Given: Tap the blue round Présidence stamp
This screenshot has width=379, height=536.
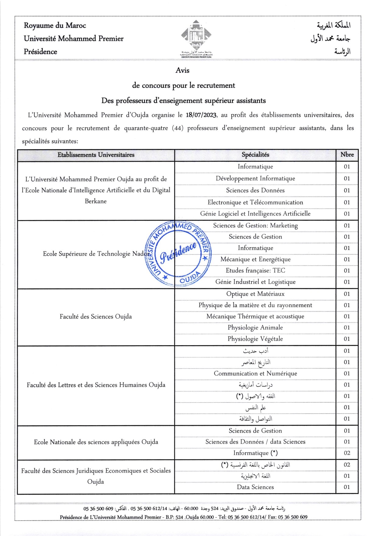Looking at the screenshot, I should [179, 253].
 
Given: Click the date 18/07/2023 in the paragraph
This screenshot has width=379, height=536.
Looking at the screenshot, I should [201, 115].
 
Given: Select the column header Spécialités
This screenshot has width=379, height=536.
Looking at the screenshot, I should [255, 155].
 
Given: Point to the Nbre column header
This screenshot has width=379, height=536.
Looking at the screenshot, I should [347, 155].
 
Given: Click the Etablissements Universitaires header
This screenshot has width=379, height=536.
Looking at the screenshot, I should [96, 155].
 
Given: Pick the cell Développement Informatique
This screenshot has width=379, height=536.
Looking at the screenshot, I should [255, 179].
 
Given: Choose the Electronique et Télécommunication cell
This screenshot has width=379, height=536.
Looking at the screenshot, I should [255, 202].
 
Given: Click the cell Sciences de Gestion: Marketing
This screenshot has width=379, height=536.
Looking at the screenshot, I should [255, 226].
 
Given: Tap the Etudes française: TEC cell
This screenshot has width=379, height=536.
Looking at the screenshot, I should [255, 270].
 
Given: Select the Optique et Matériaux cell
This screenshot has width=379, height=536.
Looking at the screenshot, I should [255, 294].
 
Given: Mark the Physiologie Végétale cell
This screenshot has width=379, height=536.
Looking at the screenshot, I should [255, 339].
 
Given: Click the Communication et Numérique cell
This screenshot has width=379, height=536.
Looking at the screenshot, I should [255, 374].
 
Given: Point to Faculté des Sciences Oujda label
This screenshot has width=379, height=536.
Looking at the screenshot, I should [96, 317].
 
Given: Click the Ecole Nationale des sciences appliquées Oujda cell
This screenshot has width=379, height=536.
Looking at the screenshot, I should [96, 442].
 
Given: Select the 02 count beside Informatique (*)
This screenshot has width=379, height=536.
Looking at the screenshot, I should [347, 453].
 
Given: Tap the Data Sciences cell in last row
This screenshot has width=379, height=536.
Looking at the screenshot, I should [255, 487].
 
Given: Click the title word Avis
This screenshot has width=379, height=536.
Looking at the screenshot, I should [182, 71].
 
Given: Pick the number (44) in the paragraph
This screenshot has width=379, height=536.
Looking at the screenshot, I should [178, 128].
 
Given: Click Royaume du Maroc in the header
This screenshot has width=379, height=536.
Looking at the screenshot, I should [55, 26].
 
